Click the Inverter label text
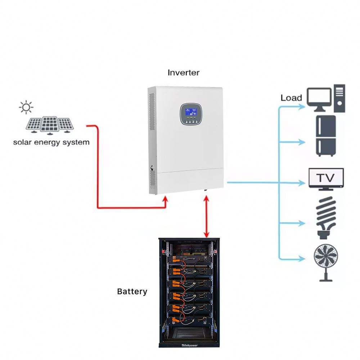tap(183, 72)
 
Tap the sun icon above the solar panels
tap(26, 107)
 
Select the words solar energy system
tap(51, 142)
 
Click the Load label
tap(291, 98)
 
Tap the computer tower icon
tap(339, 98)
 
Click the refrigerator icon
tap(326, 136)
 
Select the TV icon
tap(327, 179)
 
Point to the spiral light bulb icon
tap(327, 217)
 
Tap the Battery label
tap(132, 291)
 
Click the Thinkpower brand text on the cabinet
tap(190, 343)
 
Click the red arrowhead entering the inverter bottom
tap(166, 200)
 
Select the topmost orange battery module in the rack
tap(178, 261)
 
